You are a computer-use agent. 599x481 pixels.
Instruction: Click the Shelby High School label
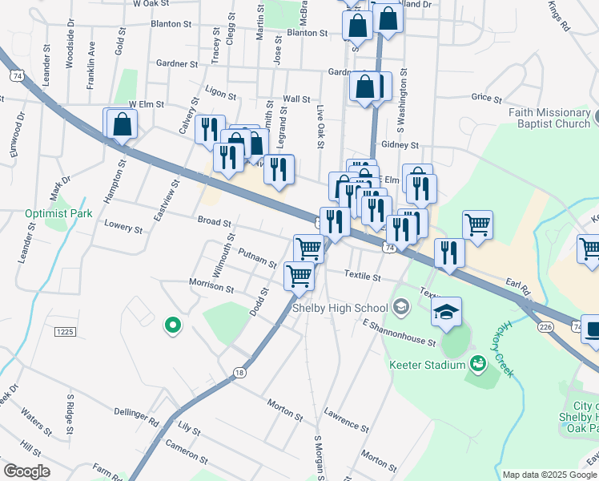tap(340, 308)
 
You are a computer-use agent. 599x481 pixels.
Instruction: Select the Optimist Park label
tap(58, 213)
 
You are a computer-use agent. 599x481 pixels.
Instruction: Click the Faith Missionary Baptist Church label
tap(549, 118)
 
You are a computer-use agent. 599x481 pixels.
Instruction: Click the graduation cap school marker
tap(447, 311)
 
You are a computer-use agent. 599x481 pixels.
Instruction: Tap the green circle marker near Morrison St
tap(171, 325)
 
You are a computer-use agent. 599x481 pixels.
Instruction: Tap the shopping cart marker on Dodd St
tap(299, 277)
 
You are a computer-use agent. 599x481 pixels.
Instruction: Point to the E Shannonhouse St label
tap(398, 334)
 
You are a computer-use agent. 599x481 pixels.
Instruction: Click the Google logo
tap(26, 471)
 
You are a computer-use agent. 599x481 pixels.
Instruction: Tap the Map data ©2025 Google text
tap(549, 475)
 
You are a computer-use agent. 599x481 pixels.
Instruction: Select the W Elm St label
tap(146, 104)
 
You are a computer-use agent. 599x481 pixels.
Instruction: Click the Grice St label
tap(486, 98)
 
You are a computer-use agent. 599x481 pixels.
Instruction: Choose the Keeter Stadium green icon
tap(479, 365)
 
